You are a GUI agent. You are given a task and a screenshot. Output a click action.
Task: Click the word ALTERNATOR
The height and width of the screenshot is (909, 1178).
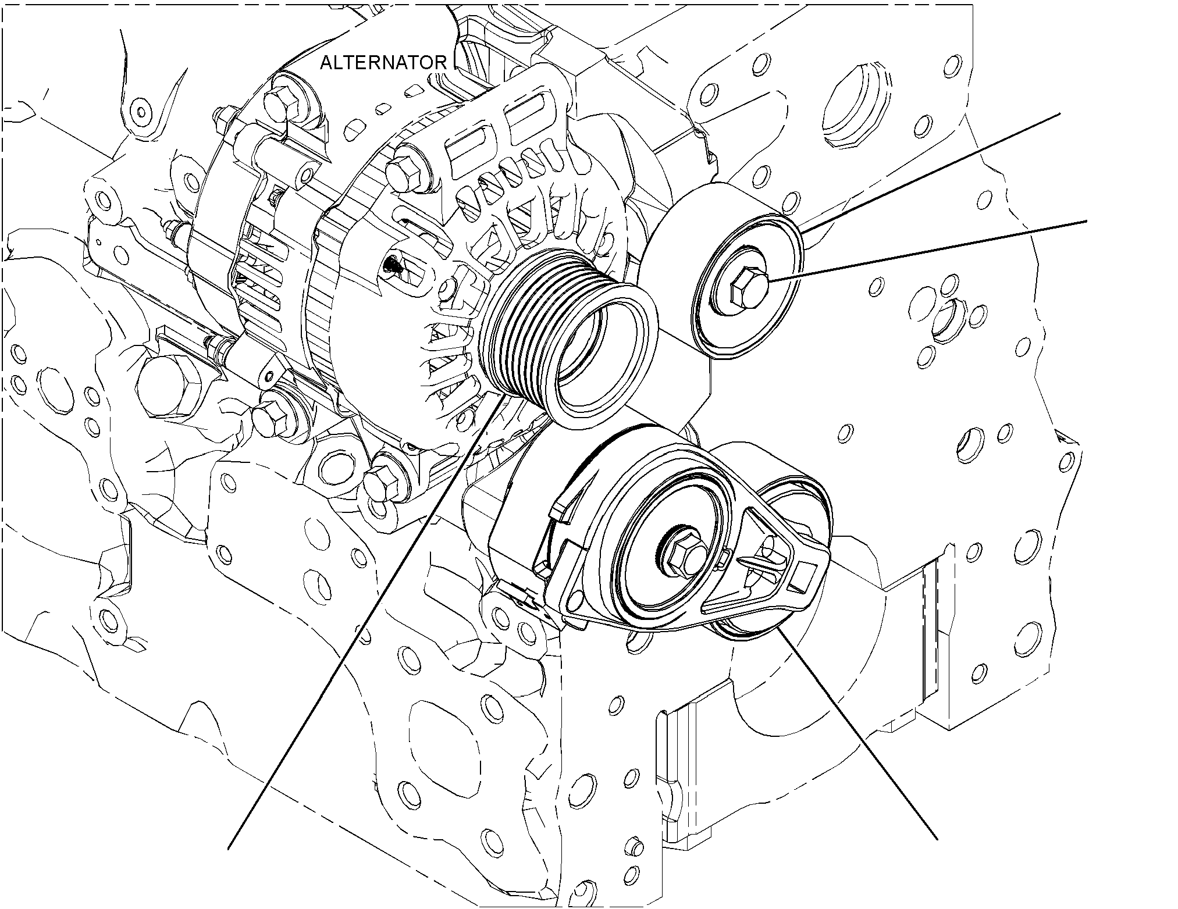(x=383, y=63)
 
